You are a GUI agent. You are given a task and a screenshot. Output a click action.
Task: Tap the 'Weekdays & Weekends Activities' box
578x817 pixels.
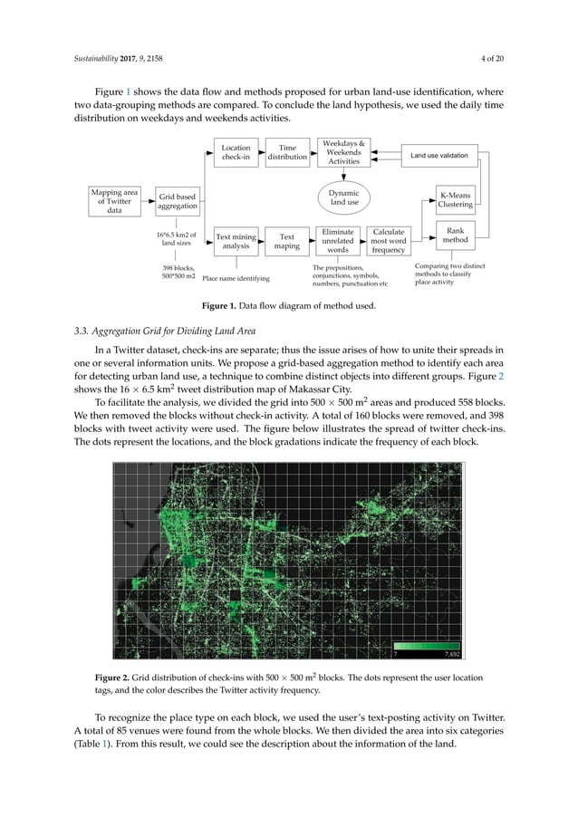[344, 152]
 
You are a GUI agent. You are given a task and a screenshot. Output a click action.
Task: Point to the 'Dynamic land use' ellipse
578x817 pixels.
[344, 198]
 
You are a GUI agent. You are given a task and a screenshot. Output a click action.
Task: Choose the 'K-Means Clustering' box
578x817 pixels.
[461, 199]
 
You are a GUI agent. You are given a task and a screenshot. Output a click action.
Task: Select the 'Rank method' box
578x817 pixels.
[461, 236]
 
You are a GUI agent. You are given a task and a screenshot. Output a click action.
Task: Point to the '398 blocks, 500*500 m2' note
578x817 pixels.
[178, 272]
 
